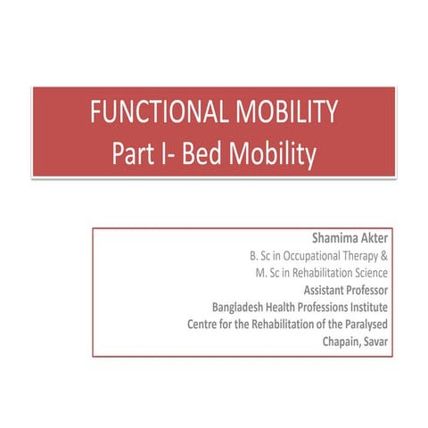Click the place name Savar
click(x=388, y=340)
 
